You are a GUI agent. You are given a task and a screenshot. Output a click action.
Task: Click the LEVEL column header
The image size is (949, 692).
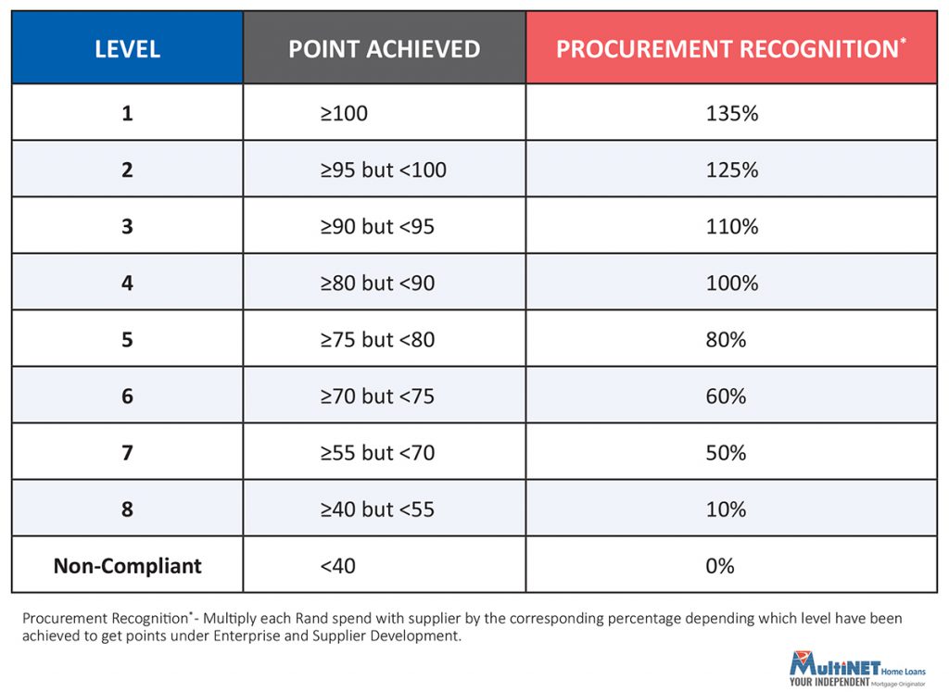(x=128, y=49)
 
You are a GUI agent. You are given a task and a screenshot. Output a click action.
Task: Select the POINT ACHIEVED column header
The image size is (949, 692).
(x=385, y=49)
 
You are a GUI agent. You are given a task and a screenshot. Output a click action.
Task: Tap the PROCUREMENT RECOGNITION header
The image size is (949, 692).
(x=731, y=48)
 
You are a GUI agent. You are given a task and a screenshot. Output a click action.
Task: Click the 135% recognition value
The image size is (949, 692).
(x=732, y=113)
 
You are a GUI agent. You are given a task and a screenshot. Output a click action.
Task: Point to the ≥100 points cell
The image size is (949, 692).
(x=344, y=113)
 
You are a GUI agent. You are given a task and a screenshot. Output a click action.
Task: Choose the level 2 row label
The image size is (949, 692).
(x=127, y=170)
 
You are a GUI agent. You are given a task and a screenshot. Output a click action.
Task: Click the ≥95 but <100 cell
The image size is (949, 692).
(x=383, y=170)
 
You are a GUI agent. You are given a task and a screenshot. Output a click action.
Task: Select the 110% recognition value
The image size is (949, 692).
(x=732, y=227)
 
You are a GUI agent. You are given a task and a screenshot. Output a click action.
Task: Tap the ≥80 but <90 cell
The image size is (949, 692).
(x=378, y=283)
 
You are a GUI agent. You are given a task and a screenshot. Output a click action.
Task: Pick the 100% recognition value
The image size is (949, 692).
(x=732, y=283)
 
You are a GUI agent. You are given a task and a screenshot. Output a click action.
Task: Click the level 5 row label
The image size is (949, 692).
(x=127, y=340)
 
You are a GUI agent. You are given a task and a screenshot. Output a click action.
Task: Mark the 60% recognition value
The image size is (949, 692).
(x=726, y=396)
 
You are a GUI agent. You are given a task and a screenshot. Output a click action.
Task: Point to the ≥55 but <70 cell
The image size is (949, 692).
(x=378, y=453)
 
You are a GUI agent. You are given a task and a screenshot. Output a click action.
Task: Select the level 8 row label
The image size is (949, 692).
(x=127, y=510)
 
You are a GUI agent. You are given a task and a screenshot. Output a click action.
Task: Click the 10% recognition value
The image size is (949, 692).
(x=726, y=510)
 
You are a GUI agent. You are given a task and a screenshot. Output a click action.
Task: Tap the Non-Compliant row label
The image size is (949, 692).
(x=128, y=566)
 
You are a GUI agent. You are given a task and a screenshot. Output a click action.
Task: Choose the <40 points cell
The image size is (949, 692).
(x=337, y=566)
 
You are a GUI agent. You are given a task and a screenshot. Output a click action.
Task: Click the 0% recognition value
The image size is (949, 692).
(x=719, y=566)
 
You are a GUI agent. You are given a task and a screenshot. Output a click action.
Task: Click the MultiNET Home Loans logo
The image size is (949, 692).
(x=857, y=669)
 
